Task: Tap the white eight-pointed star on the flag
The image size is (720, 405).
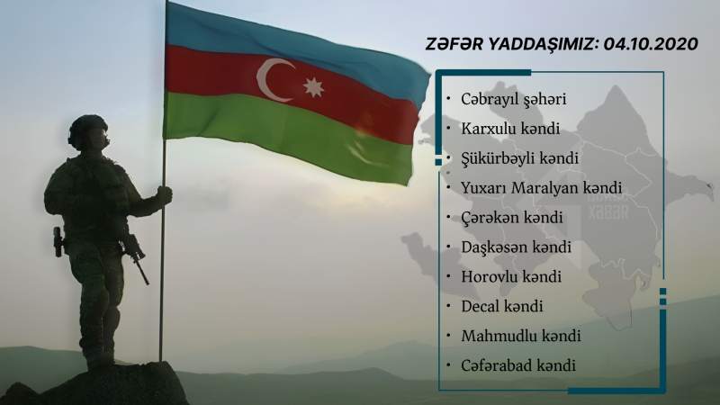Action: [x=313, y=87]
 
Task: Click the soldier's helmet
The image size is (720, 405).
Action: [x=88, y=128]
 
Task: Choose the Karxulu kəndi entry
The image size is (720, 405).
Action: [x=510, y=129]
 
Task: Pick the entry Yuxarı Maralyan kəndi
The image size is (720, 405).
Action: [x=542, y=188]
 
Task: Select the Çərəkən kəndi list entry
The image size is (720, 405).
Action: [x=511, y=217]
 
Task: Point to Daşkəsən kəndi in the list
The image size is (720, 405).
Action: [x=516, y=247]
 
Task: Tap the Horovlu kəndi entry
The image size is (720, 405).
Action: [x=510, y=276]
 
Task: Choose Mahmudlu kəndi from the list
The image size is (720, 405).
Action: [x=520, y=336]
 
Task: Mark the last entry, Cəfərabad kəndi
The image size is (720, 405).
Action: [x=517, y=365]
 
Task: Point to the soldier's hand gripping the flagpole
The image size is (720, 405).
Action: [x=164, y=194]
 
